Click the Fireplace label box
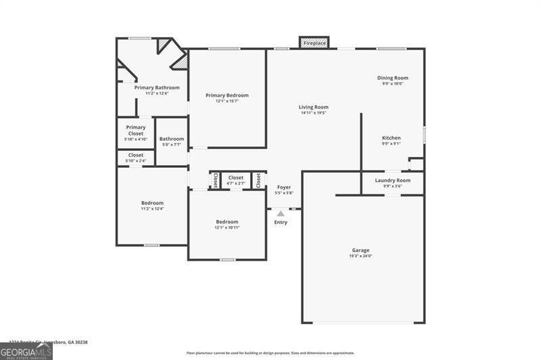click(314, 43)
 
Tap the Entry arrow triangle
click(281, 213)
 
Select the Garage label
click(361, 250)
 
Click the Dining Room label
click(392, 78)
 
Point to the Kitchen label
click(391, 137)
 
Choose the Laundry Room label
click(393, 181)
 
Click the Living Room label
click(314, 107)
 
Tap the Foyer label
click(283, 187)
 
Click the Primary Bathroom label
click(157, 87)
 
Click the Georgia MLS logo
click(26, 351)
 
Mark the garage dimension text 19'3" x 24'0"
click(361, 256)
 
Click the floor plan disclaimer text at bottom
click(270, 353)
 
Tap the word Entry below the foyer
click(281, 222)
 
